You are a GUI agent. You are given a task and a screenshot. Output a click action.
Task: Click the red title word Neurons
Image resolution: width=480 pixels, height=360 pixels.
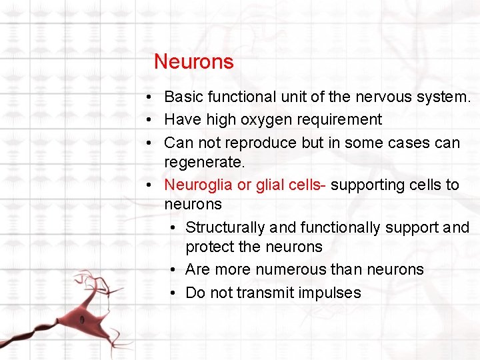(x=193, y=62)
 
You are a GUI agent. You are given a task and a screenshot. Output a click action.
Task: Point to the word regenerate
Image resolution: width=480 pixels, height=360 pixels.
(x=203, y=162)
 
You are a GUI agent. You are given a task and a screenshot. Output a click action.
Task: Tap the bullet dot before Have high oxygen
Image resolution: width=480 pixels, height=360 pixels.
(x=153, y=120)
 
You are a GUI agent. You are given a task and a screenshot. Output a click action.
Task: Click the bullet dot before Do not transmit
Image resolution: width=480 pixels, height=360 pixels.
(x=174, y=293)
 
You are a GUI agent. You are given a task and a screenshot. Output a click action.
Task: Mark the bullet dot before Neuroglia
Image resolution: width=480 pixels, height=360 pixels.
(x=153, y=185)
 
